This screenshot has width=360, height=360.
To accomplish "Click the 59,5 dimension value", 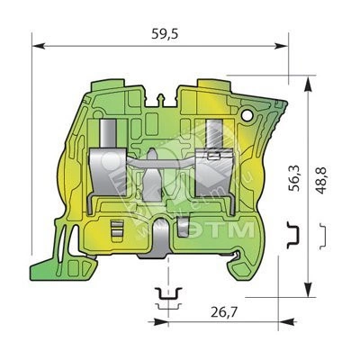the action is point(165,34).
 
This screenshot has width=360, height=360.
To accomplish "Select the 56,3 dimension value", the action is point(294,178).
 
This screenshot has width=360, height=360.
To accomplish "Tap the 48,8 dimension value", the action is point(320,180).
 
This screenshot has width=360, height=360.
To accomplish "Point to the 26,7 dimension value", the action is point(224,313).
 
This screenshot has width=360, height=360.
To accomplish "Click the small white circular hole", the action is point(247,115).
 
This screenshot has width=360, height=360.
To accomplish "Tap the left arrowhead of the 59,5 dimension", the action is point(39,46).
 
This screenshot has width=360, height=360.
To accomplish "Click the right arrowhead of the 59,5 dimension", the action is point(282,46).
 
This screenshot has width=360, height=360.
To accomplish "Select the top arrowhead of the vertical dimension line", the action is point(308,84).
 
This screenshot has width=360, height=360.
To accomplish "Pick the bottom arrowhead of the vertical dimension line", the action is point(308,289).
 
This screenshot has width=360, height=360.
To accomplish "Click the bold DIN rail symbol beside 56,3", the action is point(294,235).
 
